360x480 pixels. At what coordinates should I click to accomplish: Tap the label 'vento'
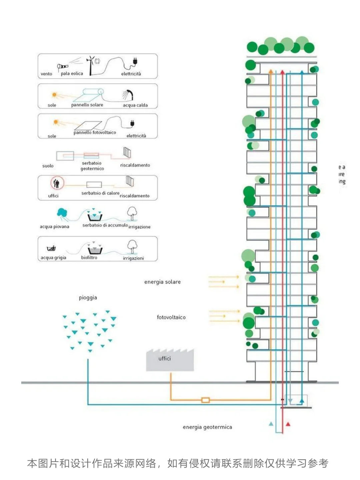46,74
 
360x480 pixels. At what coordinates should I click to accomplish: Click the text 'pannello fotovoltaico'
95,132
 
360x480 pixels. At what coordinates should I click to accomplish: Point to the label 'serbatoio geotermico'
92,166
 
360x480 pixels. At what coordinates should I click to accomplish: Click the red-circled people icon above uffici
56,183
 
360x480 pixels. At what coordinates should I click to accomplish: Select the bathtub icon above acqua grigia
51,248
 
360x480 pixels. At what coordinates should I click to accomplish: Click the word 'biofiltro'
89,257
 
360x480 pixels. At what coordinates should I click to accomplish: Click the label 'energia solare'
162,282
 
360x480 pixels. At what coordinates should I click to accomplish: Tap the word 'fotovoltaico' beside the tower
171,317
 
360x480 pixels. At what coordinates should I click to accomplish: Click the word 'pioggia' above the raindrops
88,298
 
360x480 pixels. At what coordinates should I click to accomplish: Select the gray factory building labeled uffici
170,361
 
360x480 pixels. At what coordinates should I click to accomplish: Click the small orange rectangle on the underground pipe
206,400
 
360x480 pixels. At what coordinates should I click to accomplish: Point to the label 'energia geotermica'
207,427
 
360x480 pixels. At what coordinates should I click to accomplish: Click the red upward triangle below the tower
288,424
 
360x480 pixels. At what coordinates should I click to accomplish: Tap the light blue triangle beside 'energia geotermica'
271,424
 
